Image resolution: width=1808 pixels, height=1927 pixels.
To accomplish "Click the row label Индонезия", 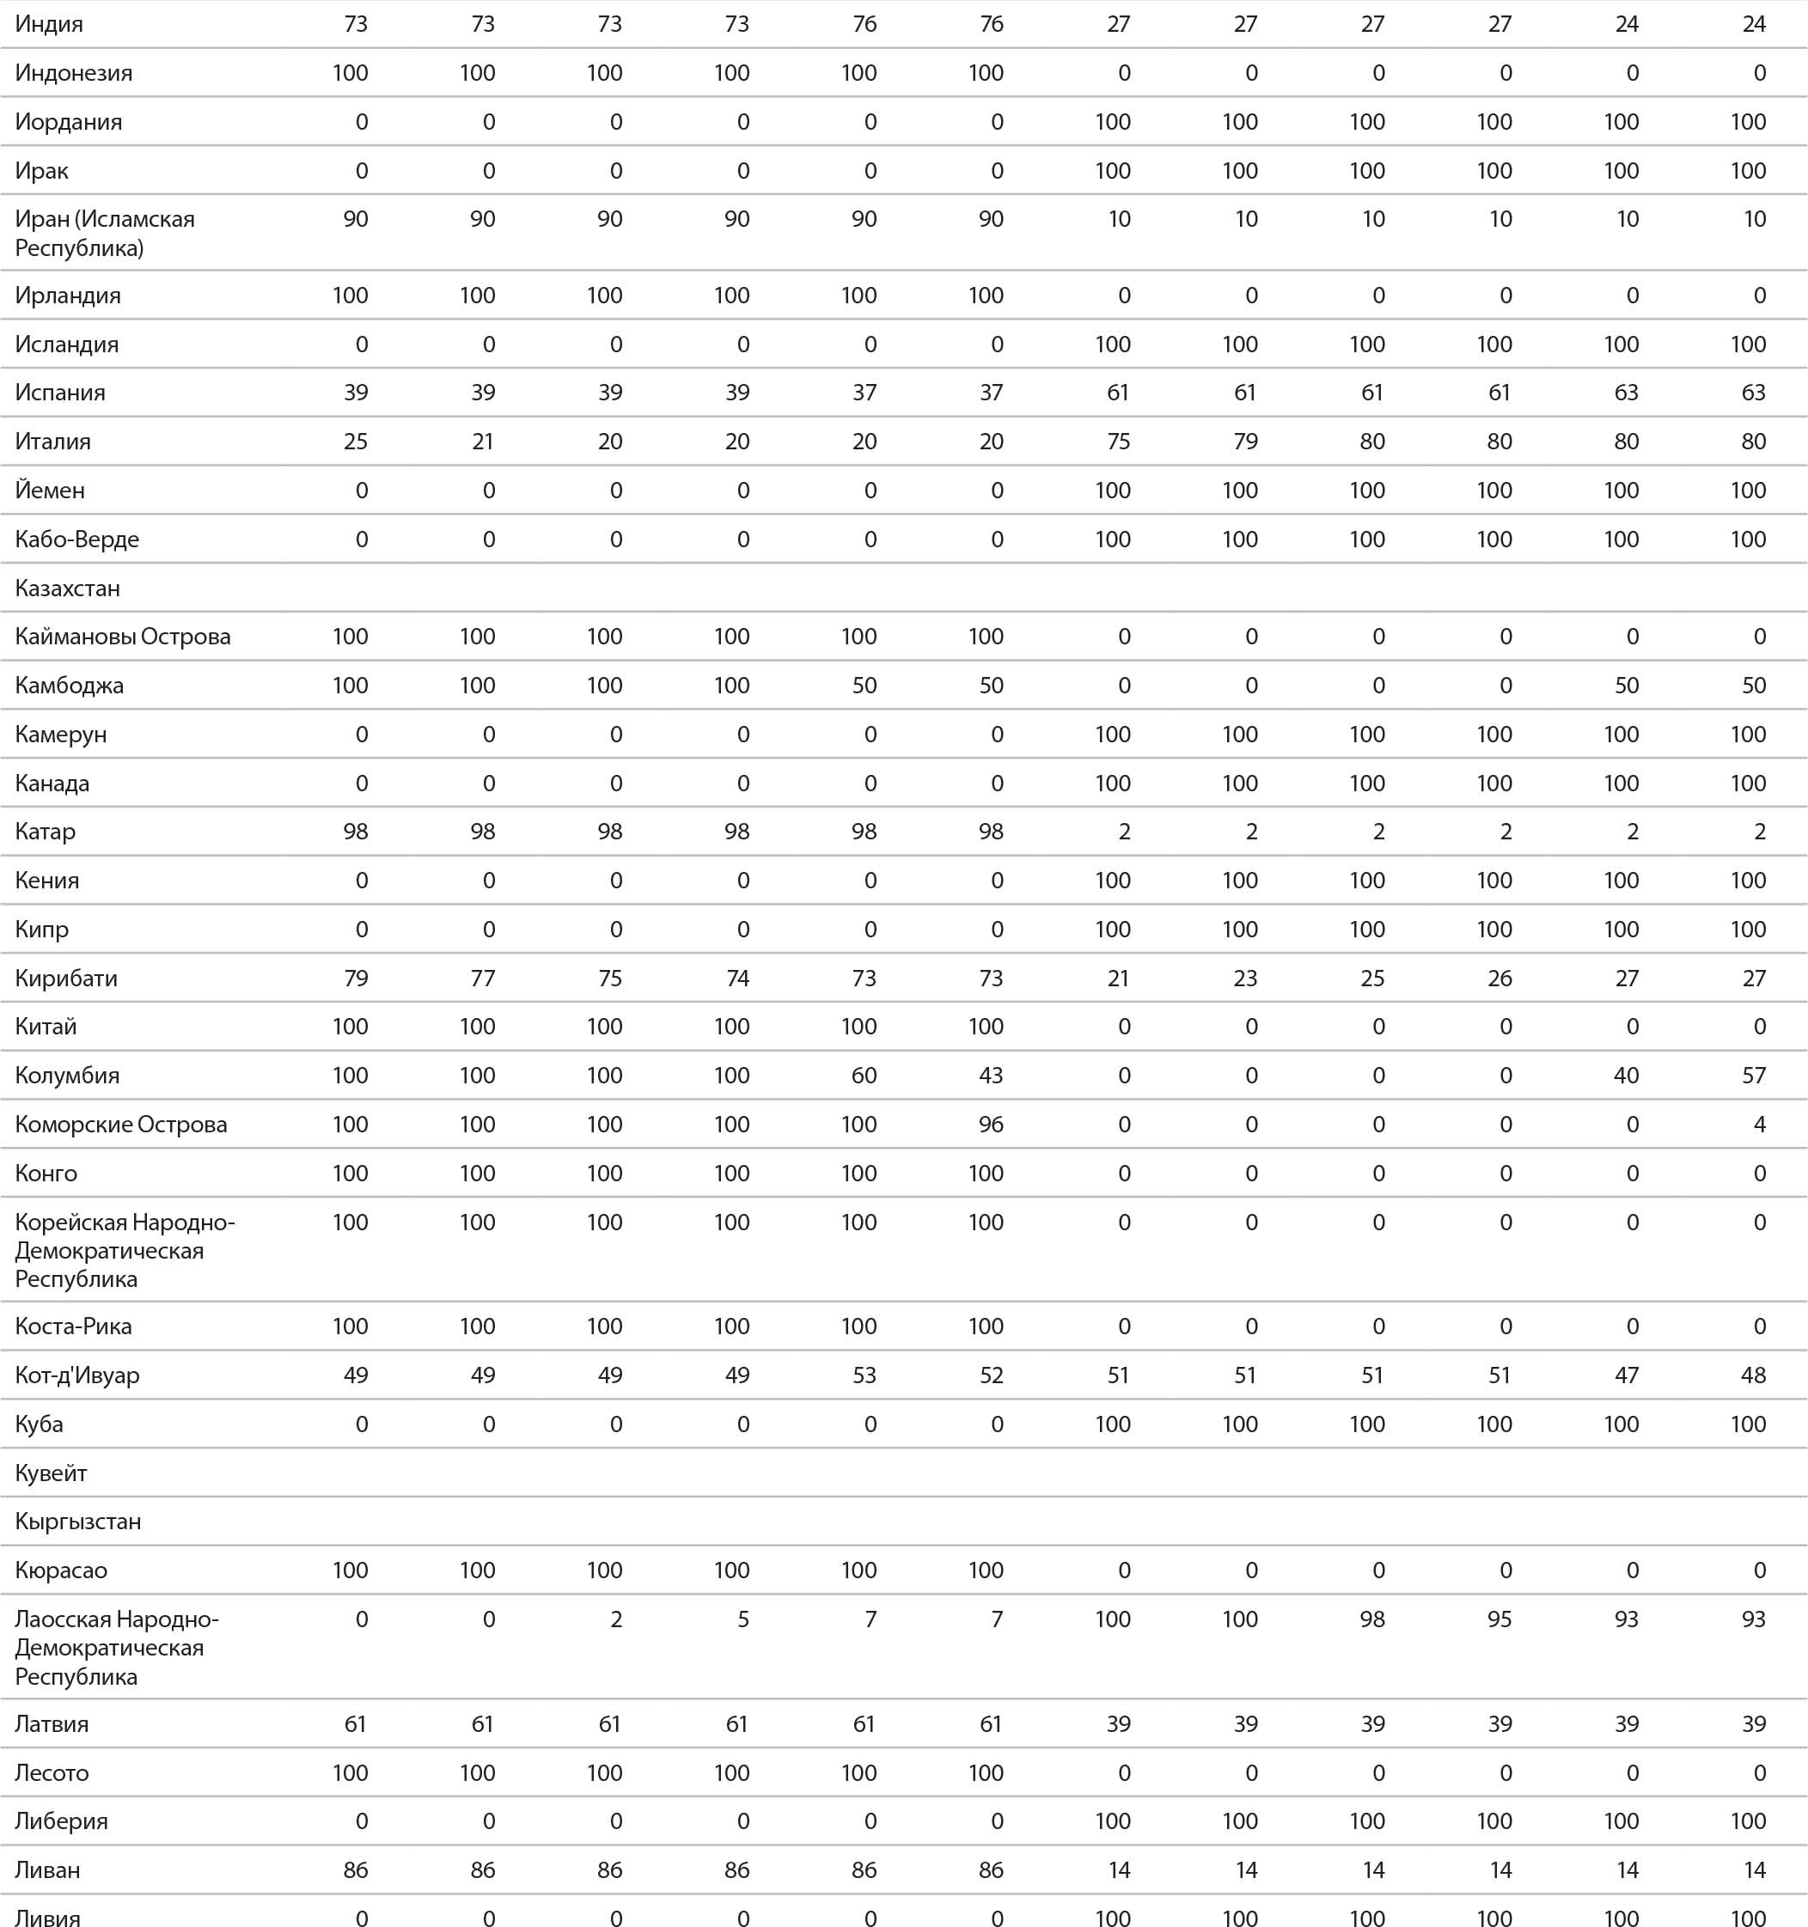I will (x=74, y=73).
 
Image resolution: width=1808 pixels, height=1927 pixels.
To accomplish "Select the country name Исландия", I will (x=67, y=345).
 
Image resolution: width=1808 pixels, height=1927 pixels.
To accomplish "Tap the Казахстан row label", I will (x=68, y=588).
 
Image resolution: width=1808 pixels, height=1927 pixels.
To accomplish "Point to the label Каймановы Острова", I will (x=123, y=637).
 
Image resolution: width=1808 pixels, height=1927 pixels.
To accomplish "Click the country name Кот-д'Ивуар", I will (x=77, y=1375).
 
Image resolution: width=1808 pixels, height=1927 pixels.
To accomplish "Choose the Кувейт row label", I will (x=52, y=1473).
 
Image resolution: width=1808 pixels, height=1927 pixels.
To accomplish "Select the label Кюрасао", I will (x=61, y=1570).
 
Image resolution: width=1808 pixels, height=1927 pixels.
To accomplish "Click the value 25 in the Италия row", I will (x=356, y=442).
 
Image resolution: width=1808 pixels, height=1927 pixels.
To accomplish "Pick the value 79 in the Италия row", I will (x=1246, y=442).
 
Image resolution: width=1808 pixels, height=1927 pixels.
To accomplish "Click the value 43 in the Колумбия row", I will (x=991, y=1076).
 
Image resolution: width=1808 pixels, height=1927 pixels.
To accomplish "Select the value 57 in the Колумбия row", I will (x=1754, y=1076).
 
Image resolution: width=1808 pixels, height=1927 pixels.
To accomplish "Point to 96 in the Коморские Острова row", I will (x=991, y=1125).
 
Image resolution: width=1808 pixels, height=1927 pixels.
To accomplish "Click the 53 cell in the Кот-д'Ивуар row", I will (x=864, y=1375).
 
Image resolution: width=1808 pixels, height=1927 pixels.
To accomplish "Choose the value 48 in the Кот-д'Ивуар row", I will (x=1754, y=1375).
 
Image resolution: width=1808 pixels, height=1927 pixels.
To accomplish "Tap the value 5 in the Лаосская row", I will (x=743, y=1619).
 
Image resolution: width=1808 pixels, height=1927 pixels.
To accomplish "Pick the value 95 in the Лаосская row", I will (x=1500, y=1619).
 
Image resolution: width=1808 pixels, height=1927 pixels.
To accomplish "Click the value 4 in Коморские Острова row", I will (x=1760, y=1125).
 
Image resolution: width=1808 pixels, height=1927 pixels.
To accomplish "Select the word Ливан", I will (x=47, y=1869).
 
